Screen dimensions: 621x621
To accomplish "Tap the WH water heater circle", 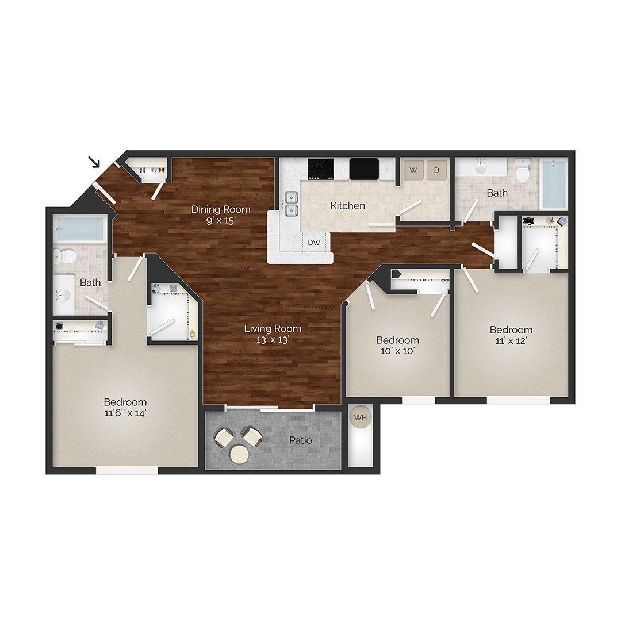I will [360, 418].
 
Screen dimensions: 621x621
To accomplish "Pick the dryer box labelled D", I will [436, 170].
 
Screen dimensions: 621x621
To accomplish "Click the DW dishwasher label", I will [314, 242].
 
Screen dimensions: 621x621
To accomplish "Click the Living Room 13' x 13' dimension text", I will [273, 340].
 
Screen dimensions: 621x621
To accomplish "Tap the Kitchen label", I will [348, 205].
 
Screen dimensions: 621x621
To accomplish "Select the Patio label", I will [301, 440].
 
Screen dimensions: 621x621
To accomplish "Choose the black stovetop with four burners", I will [321, 168].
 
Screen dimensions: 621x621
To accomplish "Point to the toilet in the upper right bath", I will [522, 171].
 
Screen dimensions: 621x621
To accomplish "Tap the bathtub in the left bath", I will [80, 229].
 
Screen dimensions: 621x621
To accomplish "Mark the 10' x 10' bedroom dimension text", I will [397, 351].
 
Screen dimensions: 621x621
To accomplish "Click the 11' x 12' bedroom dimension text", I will [511, 340].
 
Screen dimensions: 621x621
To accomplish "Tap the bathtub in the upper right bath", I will [554, 183].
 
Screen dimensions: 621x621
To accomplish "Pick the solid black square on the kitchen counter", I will [364, 168].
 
